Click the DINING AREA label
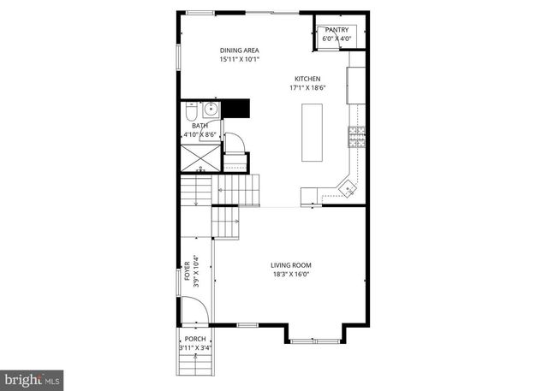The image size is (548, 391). point(239,50)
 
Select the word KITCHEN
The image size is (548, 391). point(307,79)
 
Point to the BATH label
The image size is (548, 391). point(199,126)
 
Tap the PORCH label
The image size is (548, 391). point(195,338)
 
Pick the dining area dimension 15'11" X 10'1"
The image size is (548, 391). point(239,60)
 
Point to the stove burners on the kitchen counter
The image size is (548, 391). point(356,134)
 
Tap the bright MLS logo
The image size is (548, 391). point(32,378)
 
